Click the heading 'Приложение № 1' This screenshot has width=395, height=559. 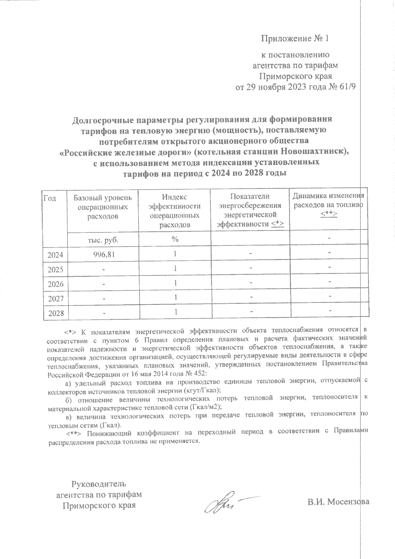click(x=295, y=39)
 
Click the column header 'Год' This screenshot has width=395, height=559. click(x=50, y=198)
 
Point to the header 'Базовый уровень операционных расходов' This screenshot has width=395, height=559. click(x=102, y=207)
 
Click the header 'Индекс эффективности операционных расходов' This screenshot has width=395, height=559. click(x=174, y=211)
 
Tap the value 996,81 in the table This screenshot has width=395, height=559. click(x=103, y=254)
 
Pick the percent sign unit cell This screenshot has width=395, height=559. click(x=175, y=239)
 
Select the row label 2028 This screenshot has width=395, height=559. click(x=56, y=313)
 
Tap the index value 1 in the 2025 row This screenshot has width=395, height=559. click(x=176, y=269)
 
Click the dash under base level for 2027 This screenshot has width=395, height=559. click(x=103, y=299)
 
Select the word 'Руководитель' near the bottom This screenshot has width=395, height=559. click(x=99, y=484)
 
